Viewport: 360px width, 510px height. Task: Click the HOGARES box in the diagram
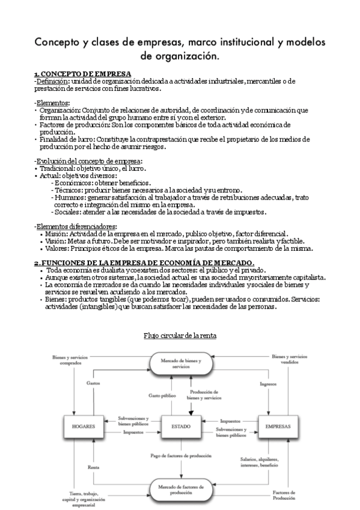84,426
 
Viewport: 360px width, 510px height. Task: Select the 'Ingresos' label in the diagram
268,383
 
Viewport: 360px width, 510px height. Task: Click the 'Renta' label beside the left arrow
93,467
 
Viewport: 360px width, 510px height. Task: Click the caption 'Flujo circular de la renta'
180,335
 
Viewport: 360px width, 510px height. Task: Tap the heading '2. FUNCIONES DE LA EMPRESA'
144,262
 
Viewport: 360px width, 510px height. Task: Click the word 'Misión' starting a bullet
57,233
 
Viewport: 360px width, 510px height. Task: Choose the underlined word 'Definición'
52,81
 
